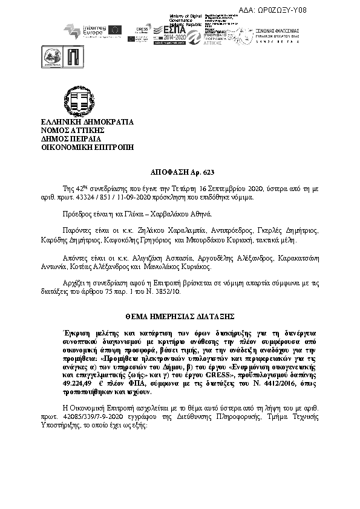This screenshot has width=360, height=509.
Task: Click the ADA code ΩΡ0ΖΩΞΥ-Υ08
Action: pyautogui.click(x=326, y=9)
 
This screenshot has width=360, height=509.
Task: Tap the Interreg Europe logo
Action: pyautogui.click(x=90, y=30)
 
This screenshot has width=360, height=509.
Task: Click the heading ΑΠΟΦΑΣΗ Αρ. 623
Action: pyautogui.click(x=181, y=172)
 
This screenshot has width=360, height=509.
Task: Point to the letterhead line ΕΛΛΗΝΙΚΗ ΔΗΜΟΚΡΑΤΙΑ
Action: pyautogui.click(x=87, y=122)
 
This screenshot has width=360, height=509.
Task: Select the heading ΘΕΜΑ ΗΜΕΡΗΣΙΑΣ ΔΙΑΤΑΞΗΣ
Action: pyautogui.click(x=180, y=316)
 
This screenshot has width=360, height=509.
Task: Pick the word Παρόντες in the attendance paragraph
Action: pyautogui.click(x=78, y=231)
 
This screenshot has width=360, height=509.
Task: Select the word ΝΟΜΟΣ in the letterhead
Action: pyautogui.click(x=57, y=130)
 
